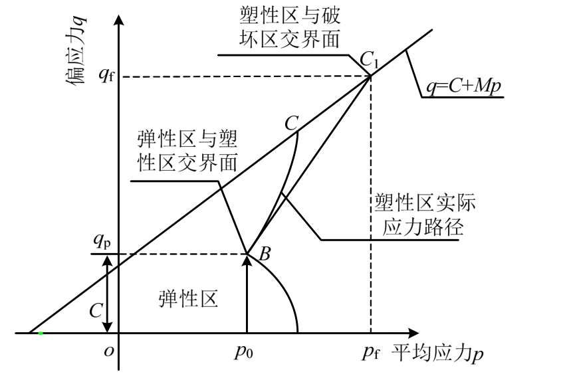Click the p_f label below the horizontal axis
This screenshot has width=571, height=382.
click(x=372, y=352)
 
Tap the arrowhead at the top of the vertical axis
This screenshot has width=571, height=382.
click(x=120, y=18)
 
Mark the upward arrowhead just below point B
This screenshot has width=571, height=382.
click(x=247, y=261)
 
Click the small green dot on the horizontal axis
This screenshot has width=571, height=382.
click(x=41, y=332)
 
